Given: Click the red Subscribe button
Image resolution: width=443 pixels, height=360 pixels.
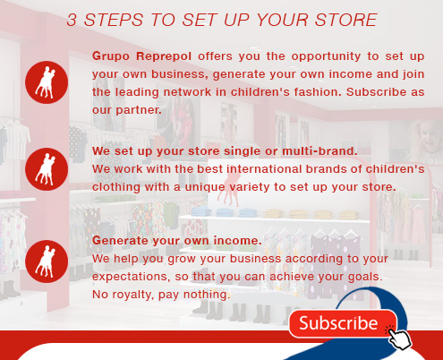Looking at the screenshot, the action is (343, 323).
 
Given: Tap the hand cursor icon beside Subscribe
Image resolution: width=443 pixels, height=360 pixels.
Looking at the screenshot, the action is (399, 338).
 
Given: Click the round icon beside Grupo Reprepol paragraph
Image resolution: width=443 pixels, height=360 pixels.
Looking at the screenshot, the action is (47, 82).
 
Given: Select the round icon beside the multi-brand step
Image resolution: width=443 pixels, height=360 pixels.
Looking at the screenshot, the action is (47, 169).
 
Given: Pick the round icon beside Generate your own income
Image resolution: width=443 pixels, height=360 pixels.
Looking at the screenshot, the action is (47, 261).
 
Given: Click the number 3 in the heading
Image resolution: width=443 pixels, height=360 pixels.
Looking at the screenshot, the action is (72, 20).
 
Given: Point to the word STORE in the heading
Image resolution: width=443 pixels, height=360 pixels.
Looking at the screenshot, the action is (346, 20).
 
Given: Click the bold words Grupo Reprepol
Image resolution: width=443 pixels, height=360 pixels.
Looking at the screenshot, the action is (141, 56).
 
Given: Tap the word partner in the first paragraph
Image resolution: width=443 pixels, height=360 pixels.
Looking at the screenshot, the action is (139, 110).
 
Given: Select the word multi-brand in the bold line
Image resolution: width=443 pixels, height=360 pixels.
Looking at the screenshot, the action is (319, 151).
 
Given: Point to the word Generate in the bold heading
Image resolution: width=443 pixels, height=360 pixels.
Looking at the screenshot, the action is (120, 241).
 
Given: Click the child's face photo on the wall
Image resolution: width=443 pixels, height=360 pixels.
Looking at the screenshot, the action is (425, 141).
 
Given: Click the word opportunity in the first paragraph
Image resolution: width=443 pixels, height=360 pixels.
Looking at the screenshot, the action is (326, 56).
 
